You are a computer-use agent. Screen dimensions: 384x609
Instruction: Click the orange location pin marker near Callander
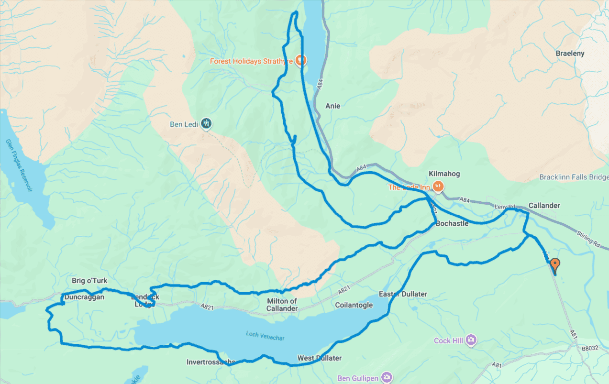pyautogui.click(x=554, y=264)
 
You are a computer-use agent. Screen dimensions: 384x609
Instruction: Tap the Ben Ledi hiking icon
pyautogui.click(x=206, y=123)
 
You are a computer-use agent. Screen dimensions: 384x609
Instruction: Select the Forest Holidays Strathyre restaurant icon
pyautogui.click(x=300, y=60)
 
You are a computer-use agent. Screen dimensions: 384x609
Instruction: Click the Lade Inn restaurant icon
pyautogui.click(x=437, y=186)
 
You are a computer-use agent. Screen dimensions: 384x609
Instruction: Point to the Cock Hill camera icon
pyautogui.click(x=472, y=340)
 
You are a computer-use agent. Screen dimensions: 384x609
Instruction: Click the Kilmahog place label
pyautogui.click(x=444, y=174)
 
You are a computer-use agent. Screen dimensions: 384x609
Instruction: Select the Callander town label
pyautogui.click(x=544, y=206)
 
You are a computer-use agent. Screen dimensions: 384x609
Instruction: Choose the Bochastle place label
pyautogui.click(x=452, y=223)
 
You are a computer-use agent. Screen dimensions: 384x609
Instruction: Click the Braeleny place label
pyautogui.click(x=570, y=54)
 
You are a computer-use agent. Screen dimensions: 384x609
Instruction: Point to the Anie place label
pyautogui.click(x=332, y=106)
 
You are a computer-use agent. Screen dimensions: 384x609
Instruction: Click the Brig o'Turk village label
pyautogui.click(x=89, y=281)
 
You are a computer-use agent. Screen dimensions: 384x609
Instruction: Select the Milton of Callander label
pyautogui.click(x=282, y=305)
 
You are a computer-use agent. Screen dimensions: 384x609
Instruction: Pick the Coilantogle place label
pyautogui.click(x=354, y=305)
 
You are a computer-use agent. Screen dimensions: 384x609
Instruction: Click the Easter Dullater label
pyautogui.click(x=403, y=294)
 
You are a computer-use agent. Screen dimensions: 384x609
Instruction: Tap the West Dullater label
pyautogui.click(x=319, y=358)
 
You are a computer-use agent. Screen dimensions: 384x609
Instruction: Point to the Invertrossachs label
pyautogui.click(x=210, y=362)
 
